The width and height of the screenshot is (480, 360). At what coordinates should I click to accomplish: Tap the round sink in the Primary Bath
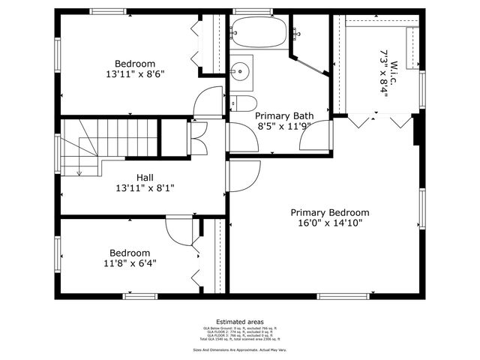pyautogui.click(x=241, y=71)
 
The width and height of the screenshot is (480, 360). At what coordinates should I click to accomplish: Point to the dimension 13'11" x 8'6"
pyautogui.click(x=135, y=74)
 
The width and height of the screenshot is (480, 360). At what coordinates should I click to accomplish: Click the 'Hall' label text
pyautogui.click(x=135, y=177)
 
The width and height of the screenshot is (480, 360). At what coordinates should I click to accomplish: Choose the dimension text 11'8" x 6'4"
pyautogui.click(x=130, y=262)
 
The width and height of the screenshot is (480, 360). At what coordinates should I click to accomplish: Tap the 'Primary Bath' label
pyautogui.click(x=284, y=116)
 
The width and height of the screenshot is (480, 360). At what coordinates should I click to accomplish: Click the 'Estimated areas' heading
pyautogui.click(x=239, y=321)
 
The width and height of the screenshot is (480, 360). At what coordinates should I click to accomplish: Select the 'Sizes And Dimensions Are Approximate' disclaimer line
pyautogui.click(x=239, y=349)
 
